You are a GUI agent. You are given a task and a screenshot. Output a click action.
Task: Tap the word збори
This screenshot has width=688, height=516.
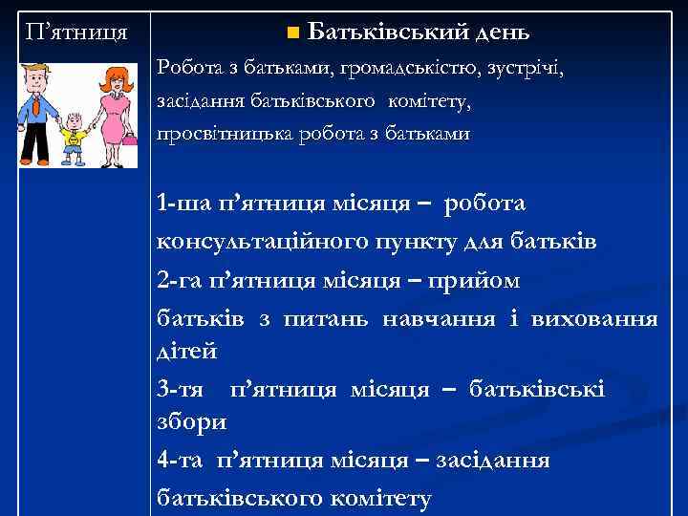(191, 421)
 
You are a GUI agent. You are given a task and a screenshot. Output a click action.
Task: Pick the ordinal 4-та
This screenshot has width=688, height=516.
(183, 461)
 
